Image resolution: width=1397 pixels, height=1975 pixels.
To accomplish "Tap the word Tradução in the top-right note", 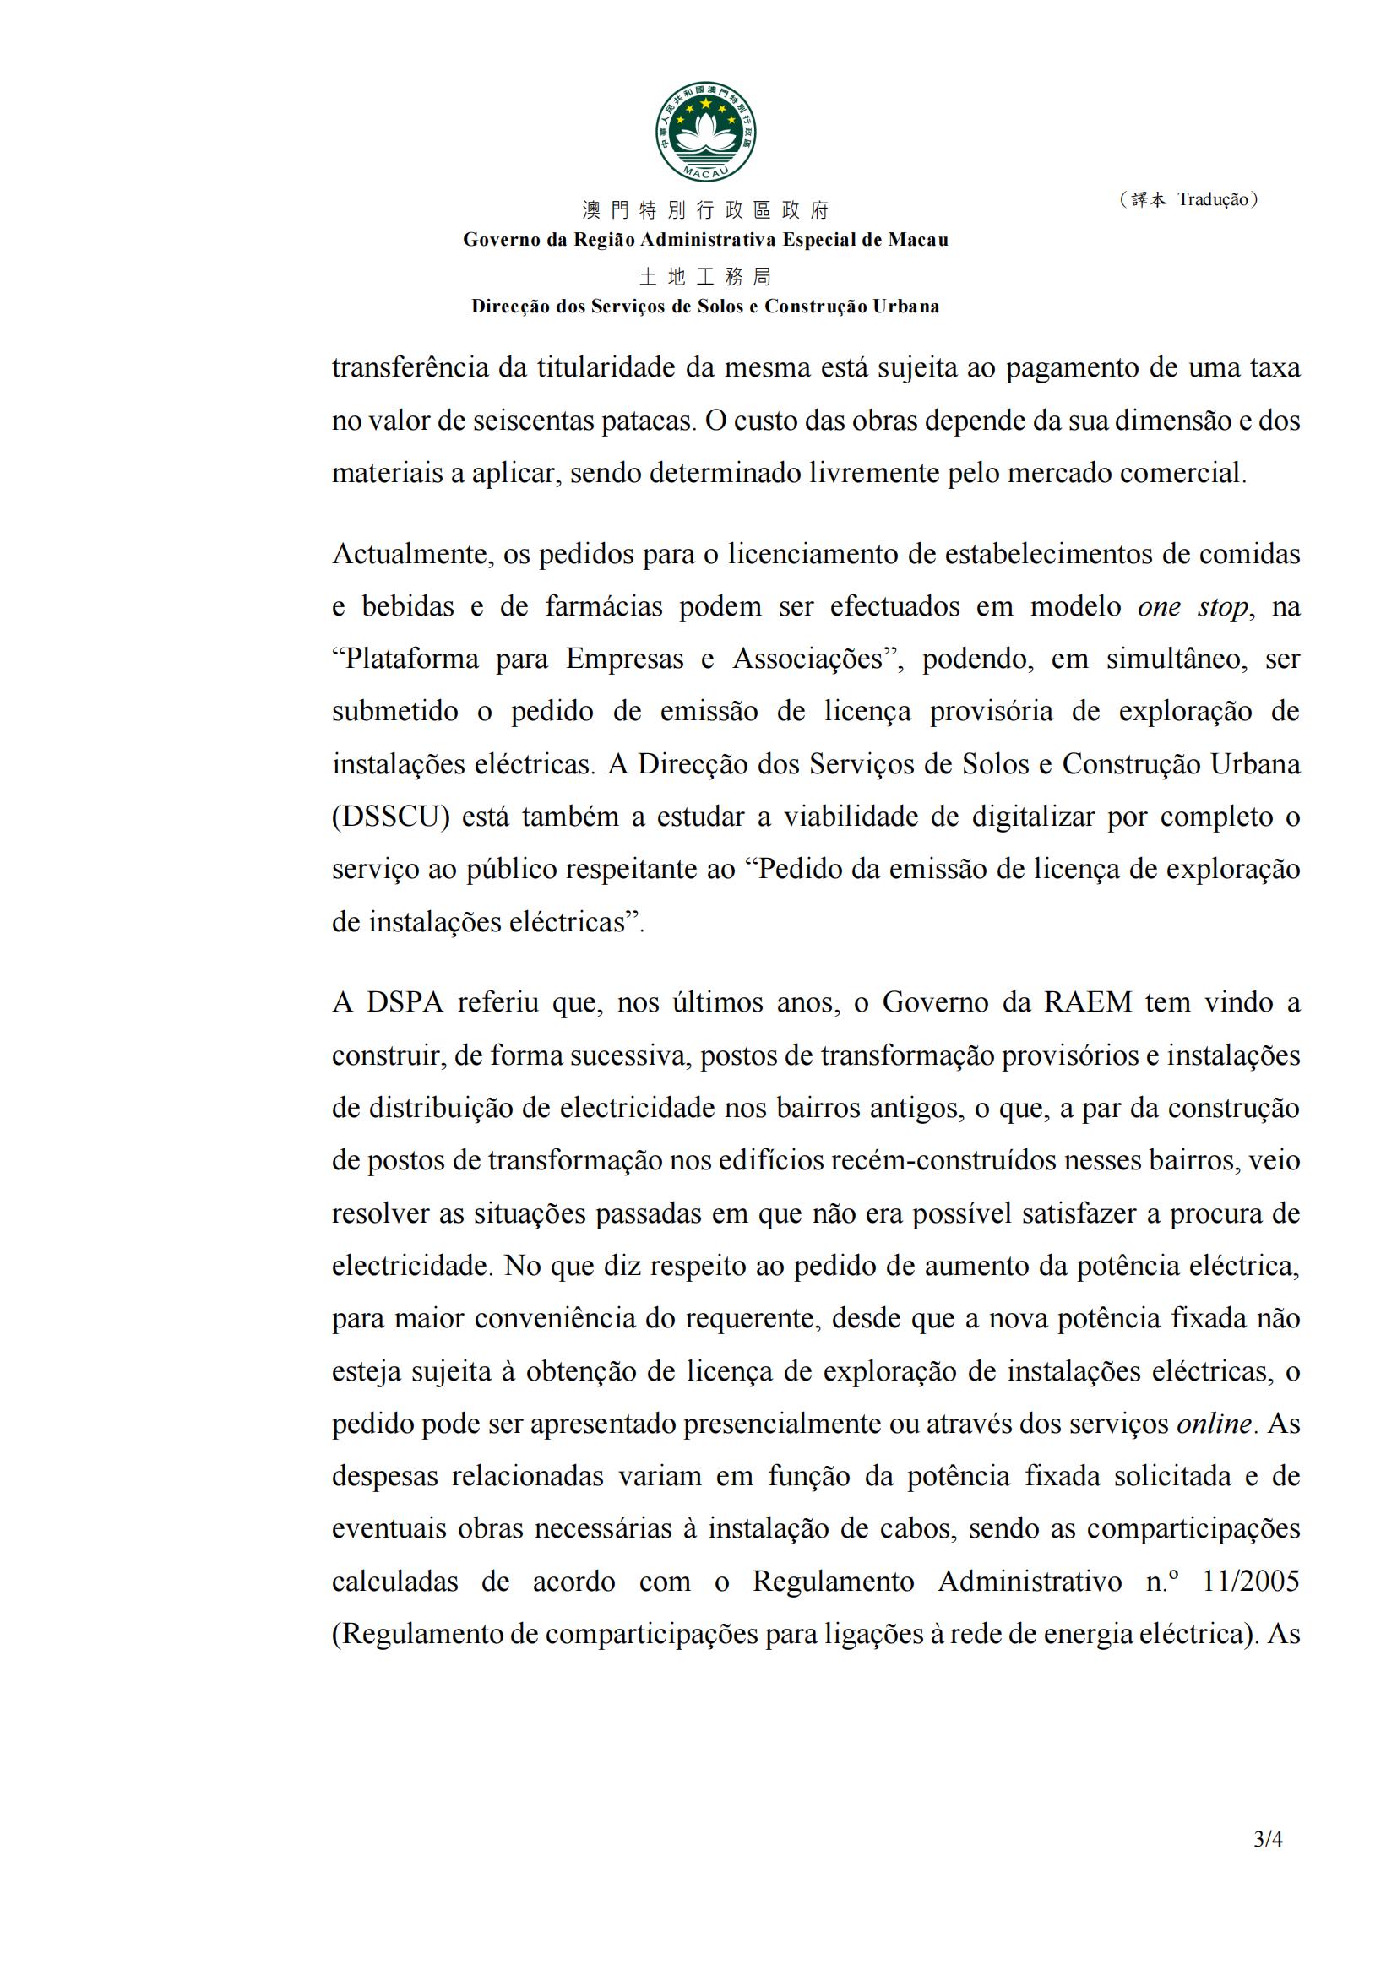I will (x=1212, y=199).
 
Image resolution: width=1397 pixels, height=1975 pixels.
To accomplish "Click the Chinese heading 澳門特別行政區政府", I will (x=705, y=210).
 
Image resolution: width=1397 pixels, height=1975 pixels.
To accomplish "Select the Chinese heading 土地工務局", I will (x=705, y=277).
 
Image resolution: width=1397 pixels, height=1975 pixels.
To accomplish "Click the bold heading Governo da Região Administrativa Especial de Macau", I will (x=705, y=240).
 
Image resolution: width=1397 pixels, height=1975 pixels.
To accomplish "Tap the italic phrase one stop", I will (x=1193, y=607).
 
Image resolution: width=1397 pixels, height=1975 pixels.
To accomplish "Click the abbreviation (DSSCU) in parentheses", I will (x=390, y=817).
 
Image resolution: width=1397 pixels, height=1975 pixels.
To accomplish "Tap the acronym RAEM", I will (x=1087, y=1003).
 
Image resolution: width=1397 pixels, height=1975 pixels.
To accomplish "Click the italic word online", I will (x=1214, y=1424).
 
